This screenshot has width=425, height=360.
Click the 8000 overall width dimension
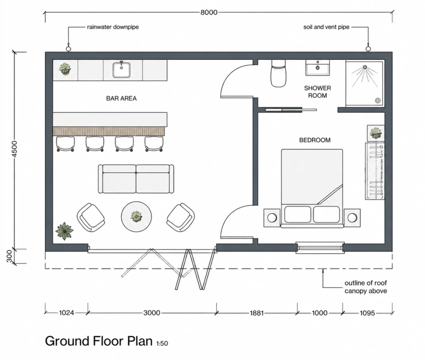coord(209,12)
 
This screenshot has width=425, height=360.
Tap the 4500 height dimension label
coord(15,149)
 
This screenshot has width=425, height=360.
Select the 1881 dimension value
coord(256,313)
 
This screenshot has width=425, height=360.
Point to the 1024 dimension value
coord(67,313)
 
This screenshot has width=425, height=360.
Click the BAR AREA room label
coord(121,98)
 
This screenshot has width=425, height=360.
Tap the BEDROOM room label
coord(314,140)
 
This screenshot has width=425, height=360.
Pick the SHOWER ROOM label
coord(317,92)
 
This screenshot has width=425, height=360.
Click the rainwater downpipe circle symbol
coord(68,49)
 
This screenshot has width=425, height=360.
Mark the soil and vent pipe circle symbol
coord(368,49)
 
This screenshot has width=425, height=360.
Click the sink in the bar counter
coord(121,69)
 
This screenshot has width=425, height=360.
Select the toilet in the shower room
coord(278,73)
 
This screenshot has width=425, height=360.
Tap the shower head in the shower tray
coord(365,67)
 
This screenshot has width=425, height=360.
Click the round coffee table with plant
coord(136,217)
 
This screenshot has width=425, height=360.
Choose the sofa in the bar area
coord(136,179)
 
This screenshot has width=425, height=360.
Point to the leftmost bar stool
coord(65,143)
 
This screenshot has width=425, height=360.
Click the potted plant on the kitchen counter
coord(65,68)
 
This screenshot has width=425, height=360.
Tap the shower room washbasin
coord(318,67)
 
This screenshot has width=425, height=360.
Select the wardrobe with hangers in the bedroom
coord(375,171)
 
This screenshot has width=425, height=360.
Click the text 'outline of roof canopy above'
coord(365,287)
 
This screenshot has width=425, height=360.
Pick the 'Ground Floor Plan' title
coord(99,341)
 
